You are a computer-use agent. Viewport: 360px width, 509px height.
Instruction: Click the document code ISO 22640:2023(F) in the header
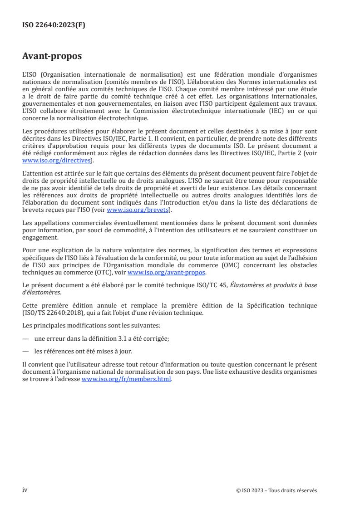point(54,25)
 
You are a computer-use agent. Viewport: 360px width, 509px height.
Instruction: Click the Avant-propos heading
point(52,57)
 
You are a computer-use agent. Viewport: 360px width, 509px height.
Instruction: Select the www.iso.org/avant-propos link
point(167,273)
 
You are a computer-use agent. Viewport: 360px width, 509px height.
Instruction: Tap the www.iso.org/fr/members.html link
point(127,379)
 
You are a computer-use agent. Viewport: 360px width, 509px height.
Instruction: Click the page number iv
point(25,489)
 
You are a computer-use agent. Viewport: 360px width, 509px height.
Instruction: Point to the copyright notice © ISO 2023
point(276,490)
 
